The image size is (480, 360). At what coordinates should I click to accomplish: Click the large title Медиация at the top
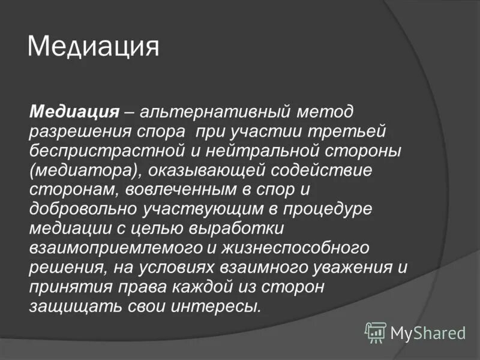pos(94,47)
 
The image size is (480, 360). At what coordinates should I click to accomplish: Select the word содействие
pos(322,170)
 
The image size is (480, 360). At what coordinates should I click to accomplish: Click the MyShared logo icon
pos(376,332)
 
